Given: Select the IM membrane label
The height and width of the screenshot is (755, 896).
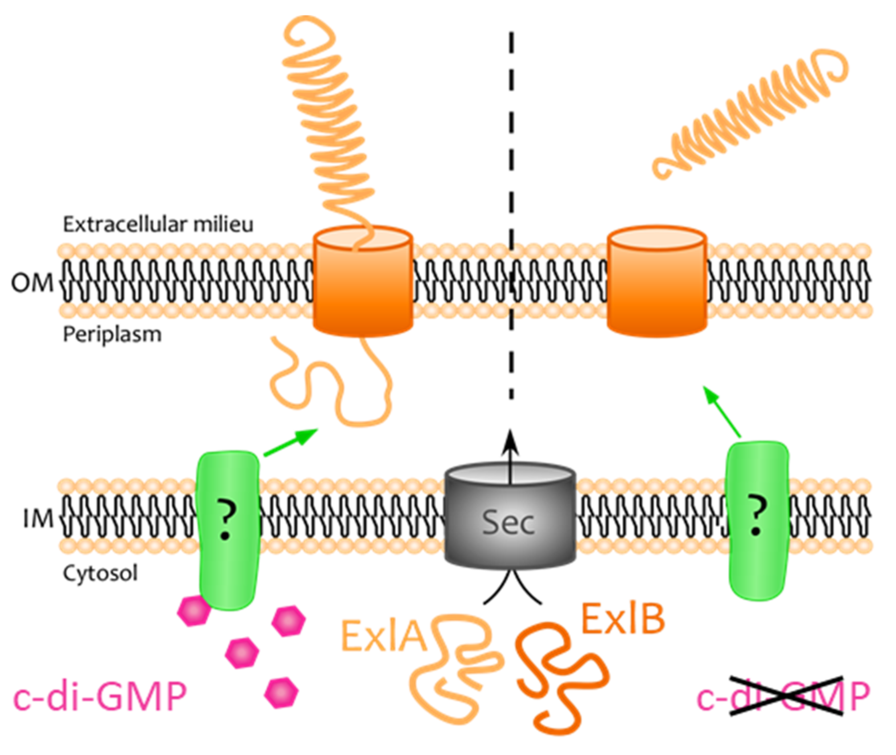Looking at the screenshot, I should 38,519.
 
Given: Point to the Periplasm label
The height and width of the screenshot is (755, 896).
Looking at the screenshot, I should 112,334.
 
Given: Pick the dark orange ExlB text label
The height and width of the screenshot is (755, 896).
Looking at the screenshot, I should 623,619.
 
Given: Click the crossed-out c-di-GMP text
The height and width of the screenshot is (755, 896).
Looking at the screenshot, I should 783,697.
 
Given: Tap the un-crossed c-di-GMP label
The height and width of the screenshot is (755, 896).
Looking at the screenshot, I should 100,697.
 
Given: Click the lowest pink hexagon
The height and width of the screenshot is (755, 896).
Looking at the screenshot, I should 281,692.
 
